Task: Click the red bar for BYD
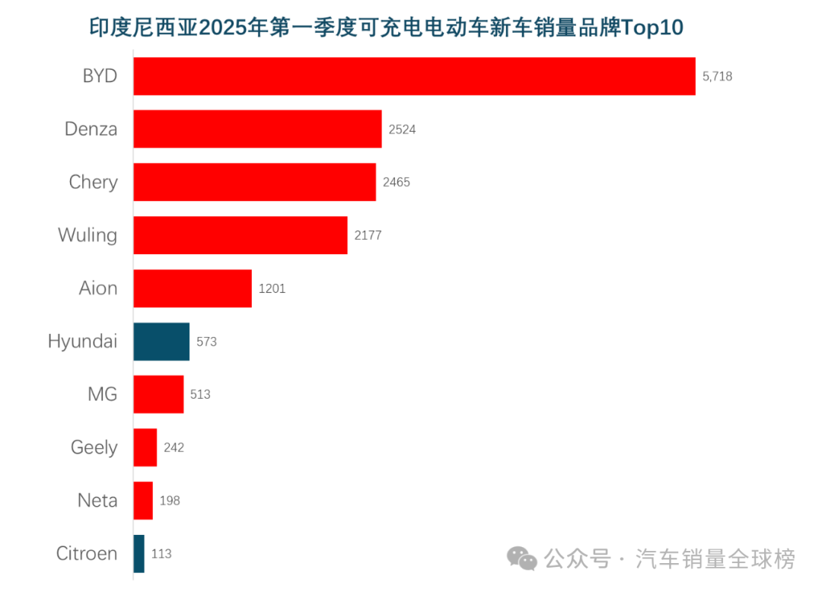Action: pos(414,76)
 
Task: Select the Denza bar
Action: pos(257,129)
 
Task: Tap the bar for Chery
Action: pos(254,182)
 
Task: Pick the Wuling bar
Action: pos(240,235)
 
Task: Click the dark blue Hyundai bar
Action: pos(161,342)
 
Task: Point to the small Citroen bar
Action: pos(139,554)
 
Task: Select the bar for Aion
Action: pos(193,288)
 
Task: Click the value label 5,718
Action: pos(717,76)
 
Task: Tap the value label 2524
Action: pos(402,129)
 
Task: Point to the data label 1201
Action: pos(272,288)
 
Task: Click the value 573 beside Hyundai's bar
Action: pos(206,342)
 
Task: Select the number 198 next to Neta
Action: pos(170,501)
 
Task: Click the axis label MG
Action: pos(103,394)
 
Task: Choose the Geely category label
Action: pos(94,447)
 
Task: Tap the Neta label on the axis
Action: pos(97,501)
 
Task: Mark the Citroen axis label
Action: pos(87,554)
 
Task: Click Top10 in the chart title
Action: pos(652,28)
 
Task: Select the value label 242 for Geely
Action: pos(174,447)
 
